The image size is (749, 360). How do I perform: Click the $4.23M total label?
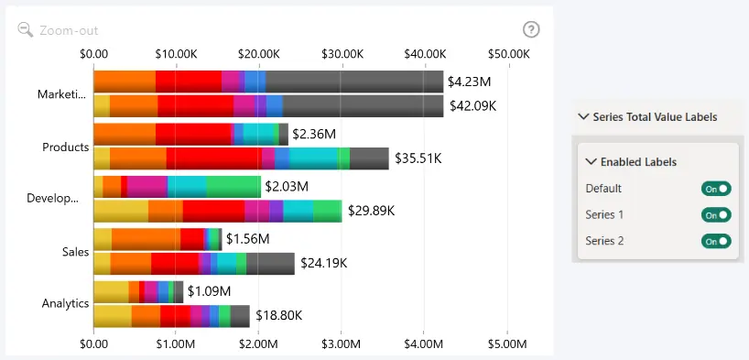coord(469,82)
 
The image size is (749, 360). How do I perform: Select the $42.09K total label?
coord(472,105)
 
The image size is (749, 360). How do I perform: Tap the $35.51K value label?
coord(418,158)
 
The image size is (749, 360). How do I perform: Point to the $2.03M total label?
coord(287,187)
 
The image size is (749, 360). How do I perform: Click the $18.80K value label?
coord(279,315)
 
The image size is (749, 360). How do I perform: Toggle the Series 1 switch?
coord(716,214)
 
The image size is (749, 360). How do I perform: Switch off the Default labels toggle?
coord(716,189)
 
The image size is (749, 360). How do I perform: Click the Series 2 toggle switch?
coord(716,241)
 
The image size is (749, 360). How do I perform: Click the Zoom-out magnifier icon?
coord(26,30)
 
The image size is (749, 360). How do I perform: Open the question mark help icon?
coord(531,29)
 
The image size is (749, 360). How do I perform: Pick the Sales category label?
coord(75,252)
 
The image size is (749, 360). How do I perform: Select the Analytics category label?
coord(65,303)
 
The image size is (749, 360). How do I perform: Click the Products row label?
coord(66,147)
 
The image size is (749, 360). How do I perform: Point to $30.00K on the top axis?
coord(342,54)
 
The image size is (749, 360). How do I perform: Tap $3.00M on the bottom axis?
coord(341,344)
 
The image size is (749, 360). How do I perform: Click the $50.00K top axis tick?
coord(509,54)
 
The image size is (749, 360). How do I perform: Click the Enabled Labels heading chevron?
coord(592,161)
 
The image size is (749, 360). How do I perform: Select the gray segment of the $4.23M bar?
coord(354,82)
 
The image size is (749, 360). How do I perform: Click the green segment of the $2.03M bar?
coord(233,187)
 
